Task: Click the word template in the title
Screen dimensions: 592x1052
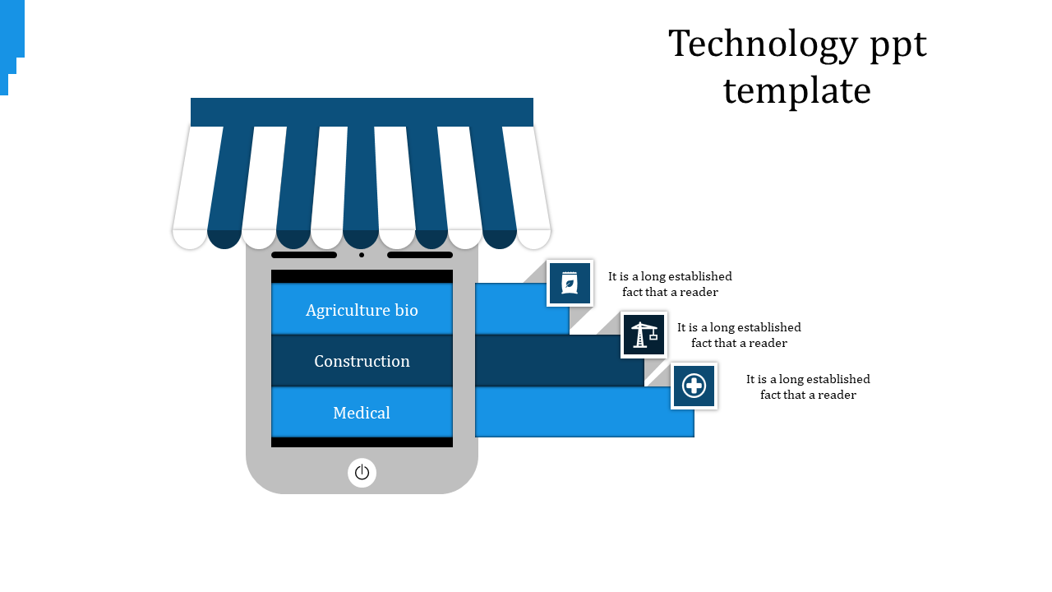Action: tap(796, 90)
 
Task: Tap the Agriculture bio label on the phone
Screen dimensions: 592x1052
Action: tap(362, 310)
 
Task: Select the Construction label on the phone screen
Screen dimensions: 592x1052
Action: tap(362, 361)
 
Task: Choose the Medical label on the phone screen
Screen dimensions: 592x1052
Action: tap(362, 413)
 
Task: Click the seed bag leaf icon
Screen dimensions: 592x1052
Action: tap(570, 284)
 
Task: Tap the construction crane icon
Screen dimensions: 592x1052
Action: tap(644, 335)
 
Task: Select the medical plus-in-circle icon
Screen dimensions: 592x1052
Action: tap(694, 386)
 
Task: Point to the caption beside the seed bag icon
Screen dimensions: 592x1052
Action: tap(670, 284)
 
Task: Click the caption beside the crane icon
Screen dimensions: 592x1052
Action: tap(739, 335)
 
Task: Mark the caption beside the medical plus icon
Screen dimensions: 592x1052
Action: tap(808, 387)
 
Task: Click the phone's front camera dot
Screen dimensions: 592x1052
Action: tap(362, 255)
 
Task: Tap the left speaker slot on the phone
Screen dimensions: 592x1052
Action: tap(304, 255)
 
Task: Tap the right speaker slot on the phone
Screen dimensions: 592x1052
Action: tap(420, 255)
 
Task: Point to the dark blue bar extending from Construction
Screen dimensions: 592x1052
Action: tap(559, 361)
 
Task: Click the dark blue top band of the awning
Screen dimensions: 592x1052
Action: tap(362, 112)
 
